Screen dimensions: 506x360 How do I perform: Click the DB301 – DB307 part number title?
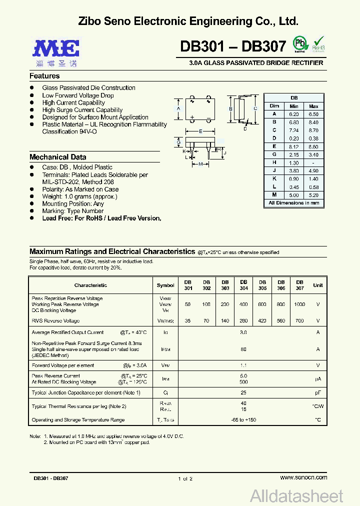click(233, 46)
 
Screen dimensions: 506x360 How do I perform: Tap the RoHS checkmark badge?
click(318, 44)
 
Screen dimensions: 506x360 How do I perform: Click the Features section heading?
click(44, 76)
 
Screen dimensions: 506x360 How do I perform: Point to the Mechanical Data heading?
click(57, 157)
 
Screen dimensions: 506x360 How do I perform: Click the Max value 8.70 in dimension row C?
click(313, 130)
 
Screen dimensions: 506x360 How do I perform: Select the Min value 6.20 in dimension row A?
click(293, 114)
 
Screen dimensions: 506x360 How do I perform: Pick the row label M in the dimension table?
click(274, 194)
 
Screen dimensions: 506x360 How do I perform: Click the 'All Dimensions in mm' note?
click(293, 203)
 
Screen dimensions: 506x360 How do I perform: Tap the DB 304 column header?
click(243, 285)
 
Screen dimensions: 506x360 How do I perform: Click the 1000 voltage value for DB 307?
click(299, 304)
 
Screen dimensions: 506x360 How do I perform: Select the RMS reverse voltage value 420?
click(262, 321)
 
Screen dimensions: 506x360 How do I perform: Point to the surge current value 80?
click(243, 349)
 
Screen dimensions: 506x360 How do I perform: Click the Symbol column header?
click(165, 285)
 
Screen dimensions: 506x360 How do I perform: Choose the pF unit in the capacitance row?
click(317, 393)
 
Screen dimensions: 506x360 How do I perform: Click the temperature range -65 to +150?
click(243, 420)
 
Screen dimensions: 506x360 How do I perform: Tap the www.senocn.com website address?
click(303, 477)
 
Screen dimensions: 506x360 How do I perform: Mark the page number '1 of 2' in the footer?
click(184, 478)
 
